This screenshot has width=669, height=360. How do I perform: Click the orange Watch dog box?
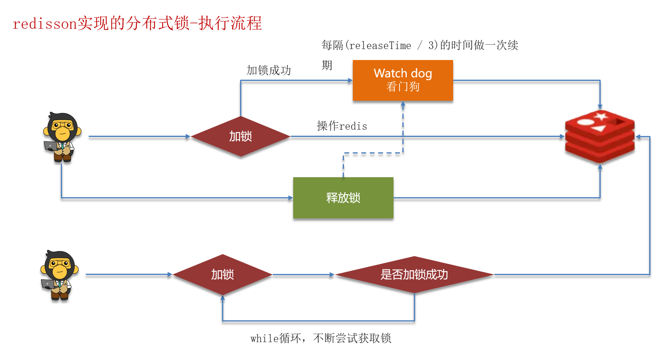[x=403, y=80]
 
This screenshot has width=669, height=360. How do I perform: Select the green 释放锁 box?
[x=343, y=198]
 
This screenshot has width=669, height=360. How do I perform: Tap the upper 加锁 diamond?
[x=240, y=137]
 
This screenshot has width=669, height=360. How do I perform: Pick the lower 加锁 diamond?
[x=222, y=275]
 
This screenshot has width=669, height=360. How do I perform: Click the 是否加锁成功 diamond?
[x=414, y=275]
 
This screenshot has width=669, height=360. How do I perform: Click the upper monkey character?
[x=62, y=137]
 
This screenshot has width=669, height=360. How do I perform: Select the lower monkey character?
[x=59, y=275]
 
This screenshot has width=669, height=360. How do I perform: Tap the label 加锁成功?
[x=269, y=70]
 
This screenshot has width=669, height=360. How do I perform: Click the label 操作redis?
[x=342, y=126]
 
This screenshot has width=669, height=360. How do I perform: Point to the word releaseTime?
[x=380, y=46]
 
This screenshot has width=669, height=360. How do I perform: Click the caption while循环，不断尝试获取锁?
[x=321, y=338]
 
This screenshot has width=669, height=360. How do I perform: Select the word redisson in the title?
[x=44, y=24]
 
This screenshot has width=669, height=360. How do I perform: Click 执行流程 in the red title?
[x=230, y=23]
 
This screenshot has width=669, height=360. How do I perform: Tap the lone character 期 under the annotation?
[x=327, y=65]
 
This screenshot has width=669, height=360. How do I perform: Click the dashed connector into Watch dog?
[x=403, y=129]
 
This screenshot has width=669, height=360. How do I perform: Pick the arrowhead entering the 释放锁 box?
[x=290, y=198]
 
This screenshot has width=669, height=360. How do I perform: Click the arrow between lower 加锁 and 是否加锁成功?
[x=303, y=275]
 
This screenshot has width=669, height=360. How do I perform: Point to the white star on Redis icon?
[x=601, y=117]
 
